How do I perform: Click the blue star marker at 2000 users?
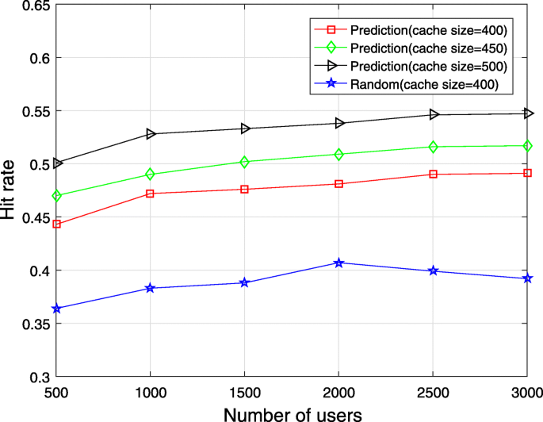tap(338, 263)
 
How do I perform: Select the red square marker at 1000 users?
tap(150, 194)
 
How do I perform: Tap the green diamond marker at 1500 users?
tap(244, 162)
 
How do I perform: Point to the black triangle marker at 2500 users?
tap(434, 115)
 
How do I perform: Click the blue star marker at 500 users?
tap(56, 309)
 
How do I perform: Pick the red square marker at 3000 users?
tap(527, 173)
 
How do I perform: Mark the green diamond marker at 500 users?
tap(56, 196)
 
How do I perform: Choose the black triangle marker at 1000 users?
tap(150, 134)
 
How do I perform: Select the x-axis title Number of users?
tap(292, 412)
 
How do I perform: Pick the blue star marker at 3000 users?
tap(527, 278)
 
